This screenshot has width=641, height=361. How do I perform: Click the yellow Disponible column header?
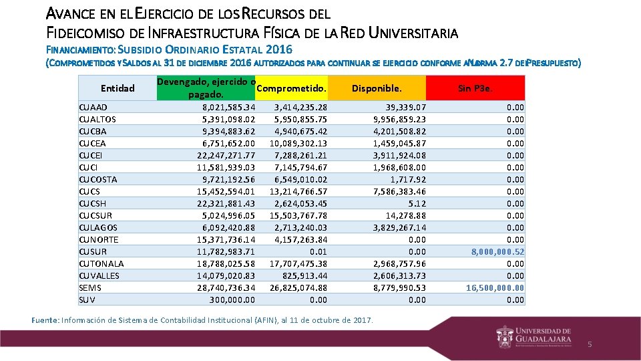[x=377, y=88]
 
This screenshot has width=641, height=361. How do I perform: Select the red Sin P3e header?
[x=475, y=88]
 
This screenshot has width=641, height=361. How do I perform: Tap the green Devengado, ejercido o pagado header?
[x=206, y=88]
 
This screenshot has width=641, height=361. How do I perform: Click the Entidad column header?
[x=118, y=88]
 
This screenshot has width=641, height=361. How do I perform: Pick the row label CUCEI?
[x=91, y=155]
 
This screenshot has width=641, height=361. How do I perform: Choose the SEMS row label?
[x=89, y=287]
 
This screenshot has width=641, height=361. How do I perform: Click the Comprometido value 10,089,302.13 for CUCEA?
[x=298, y=143]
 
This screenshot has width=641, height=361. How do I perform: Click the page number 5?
[x=590, y=344]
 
